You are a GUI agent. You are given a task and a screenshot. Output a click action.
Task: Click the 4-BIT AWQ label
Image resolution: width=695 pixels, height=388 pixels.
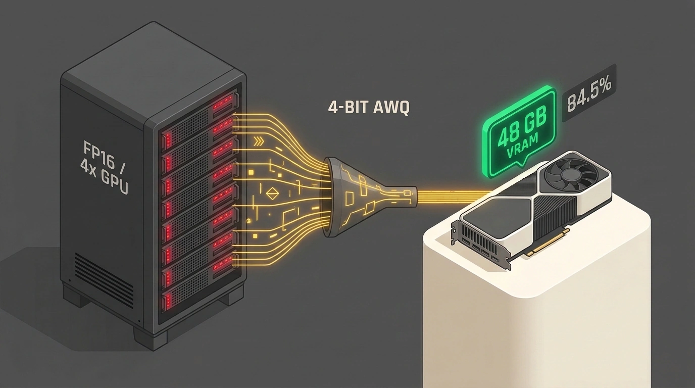pos(369,108)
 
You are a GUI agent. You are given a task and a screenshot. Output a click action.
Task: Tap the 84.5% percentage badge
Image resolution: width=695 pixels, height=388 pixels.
pos(588,96)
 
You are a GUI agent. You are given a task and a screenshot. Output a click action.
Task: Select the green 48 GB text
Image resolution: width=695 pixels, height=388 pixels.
pos(521,128)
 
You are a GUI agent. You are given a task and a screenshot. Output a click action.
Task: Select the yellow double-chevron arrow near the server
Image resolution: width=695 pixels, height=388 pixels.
pos(259,141)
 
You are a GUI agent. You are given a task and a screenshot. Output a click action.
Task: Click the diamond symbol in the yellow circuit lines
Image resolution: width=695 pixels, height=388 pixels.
pos(273,193)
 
